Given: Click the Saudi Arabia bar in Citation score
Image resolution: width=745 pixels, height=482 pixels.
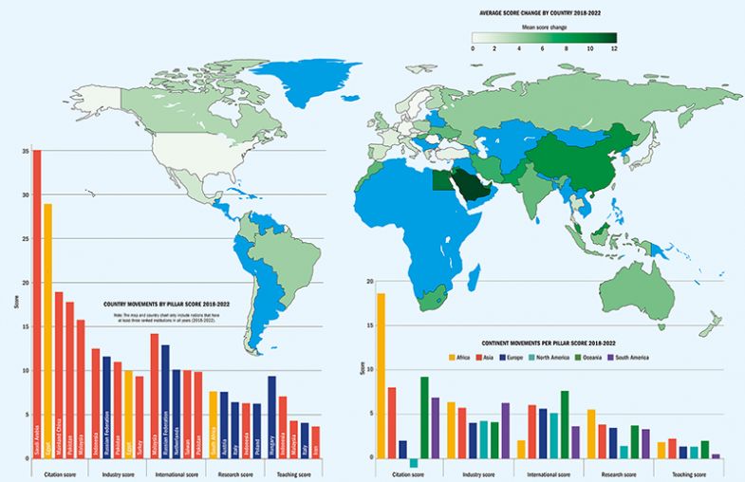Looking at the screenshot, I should [37, 304].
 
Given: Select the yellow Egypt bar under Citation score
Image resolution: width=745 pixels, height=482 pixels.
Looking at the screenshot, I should [47, 331].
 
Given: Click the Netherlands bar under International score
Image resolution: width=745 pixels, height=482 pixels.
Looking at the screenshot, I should [176, 414].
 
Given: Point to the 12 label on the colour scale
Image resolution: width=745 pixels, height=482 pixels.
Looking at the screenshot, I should [614, 47].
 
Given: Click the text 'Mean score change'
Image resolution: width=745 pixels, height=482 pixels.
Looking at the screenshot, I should [543, 28].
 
